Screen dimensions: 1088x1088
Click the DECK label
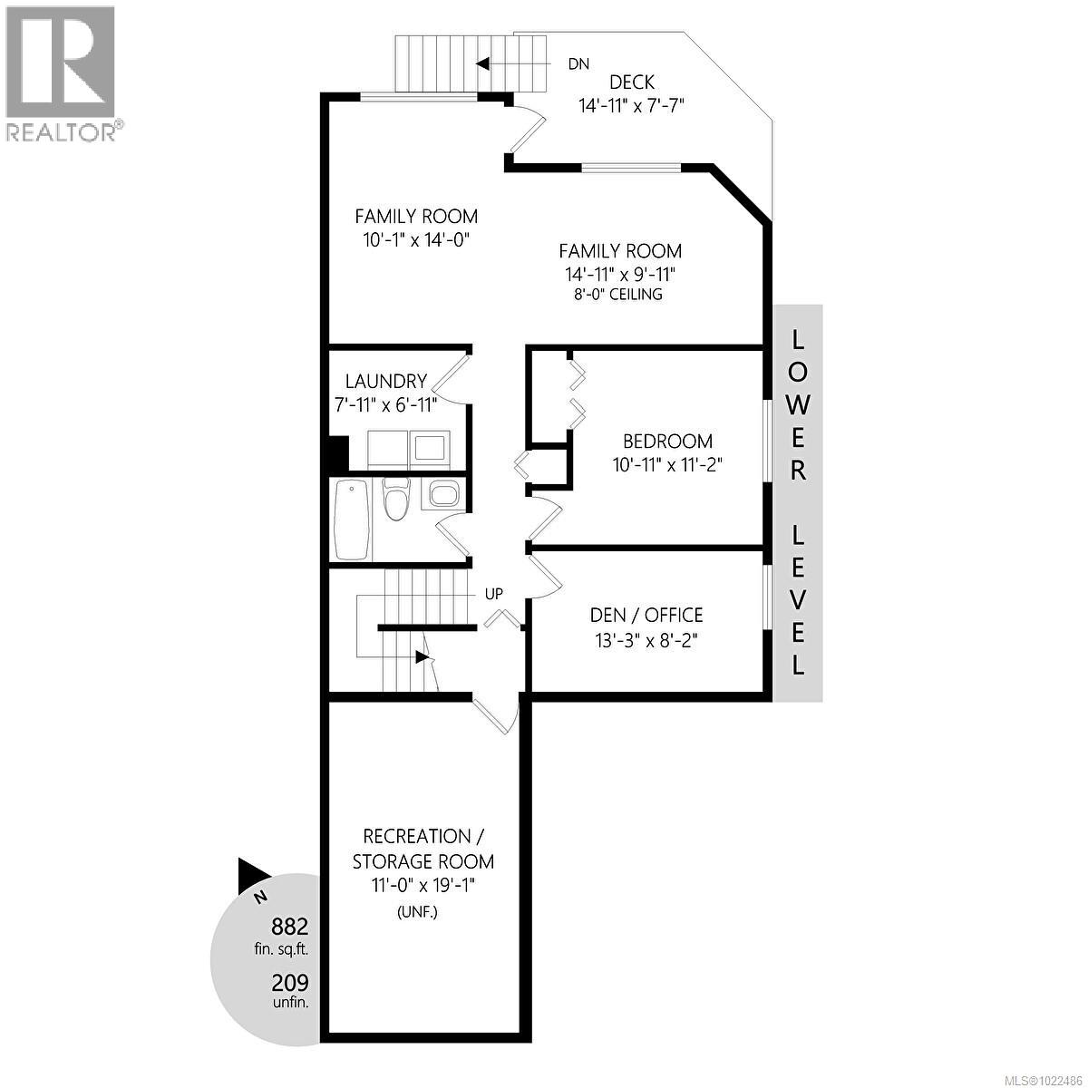[631, 83]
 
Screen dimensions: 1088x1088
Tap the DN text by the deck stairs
[578, 63]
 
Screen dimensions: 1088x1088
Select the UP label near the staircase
[493, 593]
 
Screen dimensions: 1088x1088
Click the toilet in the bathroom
[394, 498]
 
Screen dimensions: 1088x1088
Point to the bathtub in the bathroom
[352, 520]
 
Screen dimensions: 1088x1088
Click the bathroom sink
[445, 493]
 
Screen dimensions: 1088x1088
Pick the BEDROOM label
[667, 441]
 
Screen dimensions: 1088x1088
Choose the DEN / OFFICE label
[646, 615]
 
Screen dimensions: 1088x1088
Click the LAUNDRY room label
[386, 381]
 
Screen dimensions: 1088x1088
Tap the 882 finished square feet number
[289, 926]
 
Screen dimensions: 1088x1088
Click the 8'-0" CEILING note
[618, 294]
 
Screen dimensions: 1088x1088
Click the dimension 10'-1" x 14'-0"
[417, 240]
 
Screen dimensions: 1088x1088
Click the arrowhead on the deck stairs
[482, 63]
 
